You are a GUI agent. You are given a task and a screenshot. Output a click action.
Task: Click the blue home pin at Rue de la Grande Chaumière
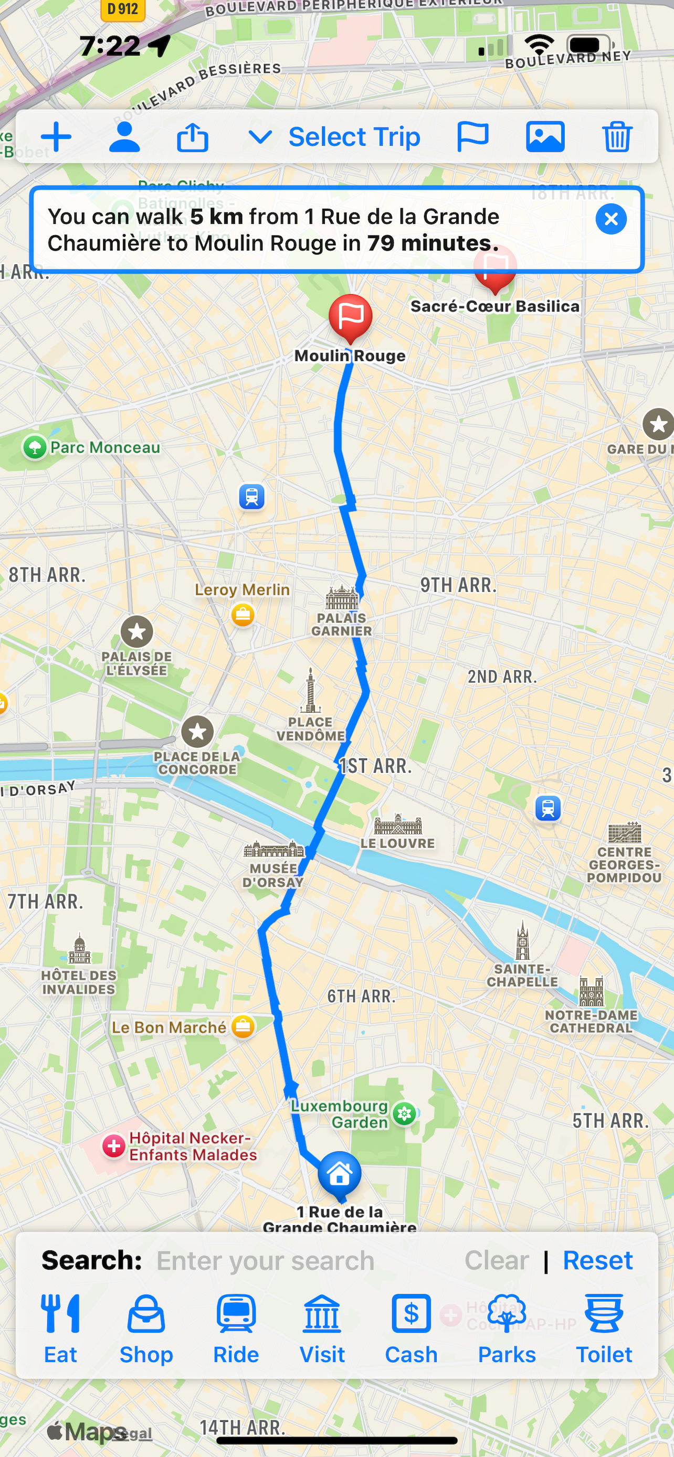point(339,1174)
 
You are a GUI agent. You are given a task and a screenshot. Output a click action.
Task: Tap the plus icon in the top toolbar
point(56,137)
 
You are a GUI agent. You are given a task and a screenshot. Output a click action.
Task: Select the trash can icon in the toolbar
point(617,137)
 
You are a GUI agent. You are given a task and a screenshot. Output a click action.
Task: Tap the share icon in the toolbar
point(193,137)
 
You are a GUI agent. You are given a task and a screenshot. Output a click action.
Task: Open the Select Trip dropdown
point(334,137)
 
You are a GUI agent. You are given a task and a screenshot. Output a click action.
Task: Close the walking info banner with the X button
point(610,219)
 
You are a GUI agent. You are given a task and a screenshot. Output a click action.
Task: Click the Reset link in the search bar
point(597,1260)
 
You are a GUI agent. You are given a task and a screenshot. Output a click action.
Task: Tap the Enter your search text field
point(266,1261)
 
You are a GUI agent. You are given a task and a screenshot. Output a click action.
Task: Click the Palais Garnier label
point(341,625)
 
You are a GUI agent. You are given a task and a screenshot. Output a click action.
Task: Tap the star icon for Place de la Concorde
point(197,732)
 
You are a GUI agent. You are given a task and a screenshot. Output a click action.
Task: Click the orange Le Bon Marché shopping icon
point(243,1026)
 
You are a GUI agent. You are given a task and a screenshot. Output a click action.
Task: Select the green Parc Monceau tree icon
point(35,447)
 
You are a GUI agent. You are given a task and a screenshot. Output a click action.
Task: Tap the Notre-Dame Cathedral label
point(591,1022)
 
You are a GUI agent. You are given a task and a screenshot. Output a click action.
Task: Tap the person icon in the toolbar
point(124,137)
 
